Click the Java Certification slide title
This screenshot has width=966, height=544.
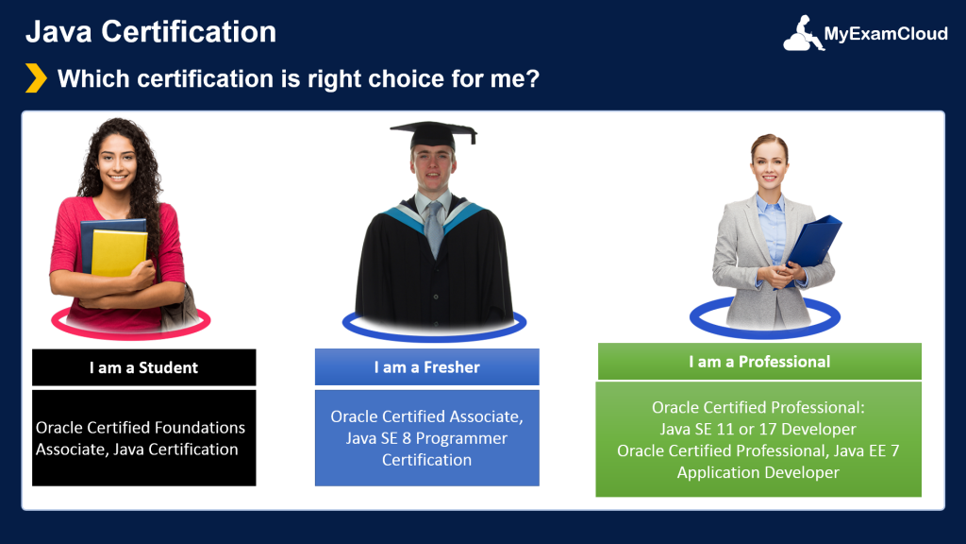[x=151, y=32]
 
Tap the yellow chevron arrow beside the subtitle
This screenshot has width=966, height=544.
[x=36, y=77]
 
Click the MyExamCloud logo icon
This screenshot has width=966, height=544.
[x=802, y=34]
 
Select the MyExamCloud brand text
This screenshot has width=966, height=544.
[x=886, y=35]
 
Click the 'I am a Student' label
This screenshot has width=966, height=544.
[x=143, y=367]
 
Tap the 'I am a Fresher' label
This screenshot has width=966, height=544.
[x=426, y=367]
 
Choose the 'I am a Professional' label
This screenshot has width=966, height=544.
[x=759, y=362]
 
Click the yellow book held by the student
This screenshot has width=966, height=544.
[x=118, y=252]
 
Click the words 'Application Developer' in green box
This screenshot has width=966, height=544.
[x=758, y=472]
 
